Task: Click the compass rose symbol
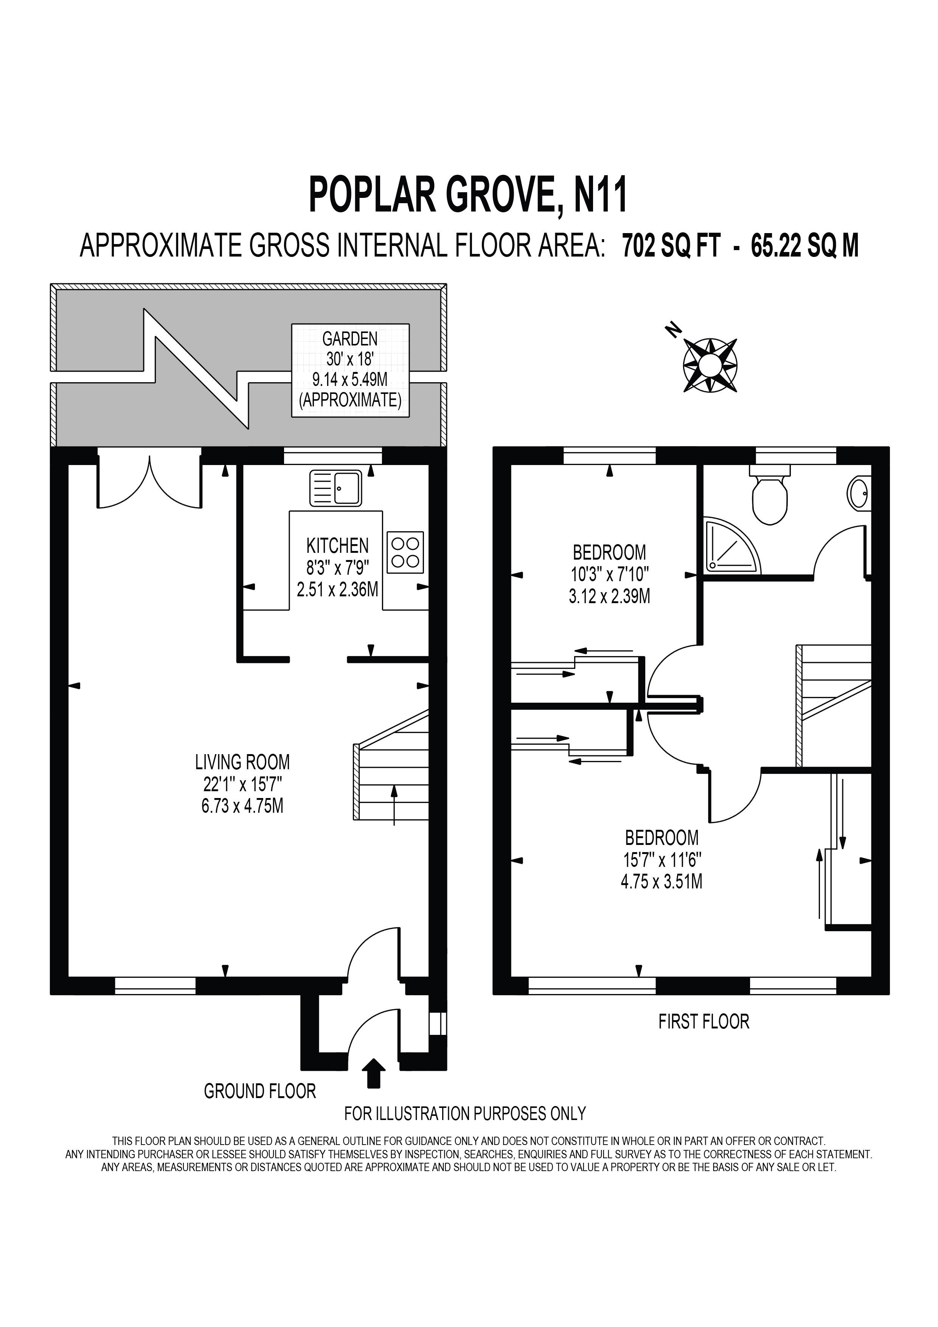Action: coord(710,365)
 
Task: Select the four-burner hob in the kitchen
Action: coord(405,552)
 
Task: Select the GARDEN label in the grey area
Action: coord(350,338)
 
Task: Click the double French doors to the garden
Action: coord(150,481)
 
